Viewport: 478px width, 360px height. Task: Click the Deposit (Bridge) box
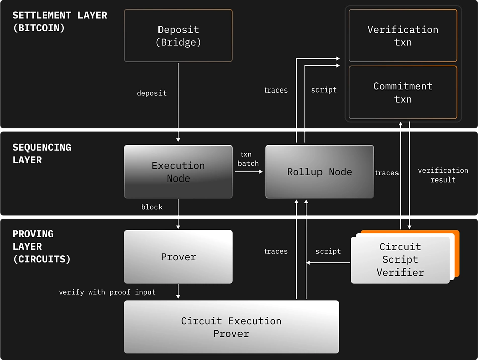(178, 36)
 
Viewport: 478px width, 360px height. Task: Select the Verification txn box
(403, 36)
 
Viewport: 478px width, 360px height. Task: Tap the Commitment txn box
(403, 93)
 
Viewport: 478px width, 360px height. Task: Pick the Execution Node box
(178, 171)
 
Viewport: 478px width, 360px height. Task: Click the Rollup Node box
(320, 171)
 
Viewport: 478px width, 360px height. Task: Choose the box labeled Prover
(178, 257)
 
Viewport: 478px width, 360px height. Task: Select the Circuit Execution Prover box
(231, 327)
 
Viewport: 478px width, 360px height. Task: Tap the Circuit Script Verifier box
(400, 259)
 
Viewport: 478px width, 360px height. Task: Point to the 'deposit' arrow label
(151, 93)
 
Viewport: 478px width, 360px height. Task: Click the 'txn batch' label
(248, 159)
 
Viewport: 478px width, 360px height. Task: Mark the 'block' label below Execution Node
(151, 207)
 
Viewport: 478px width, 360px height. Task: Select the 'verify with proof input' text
(107, 292)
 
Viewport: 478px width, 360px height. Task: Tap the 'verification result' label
(443, 175)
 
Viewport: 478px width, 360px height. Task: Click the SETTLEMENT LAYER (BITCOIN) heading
(59, 21)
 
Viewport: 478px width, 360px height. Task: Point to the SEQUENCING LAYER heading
(42, 153)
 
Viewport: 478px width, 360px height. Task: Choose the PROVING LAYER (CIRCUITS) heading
(41, 246)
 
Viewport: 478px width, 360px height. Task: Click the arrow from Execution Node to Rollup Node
(249, 172)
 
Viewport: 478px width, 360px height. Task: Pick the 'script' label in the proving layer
(328, 251)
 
